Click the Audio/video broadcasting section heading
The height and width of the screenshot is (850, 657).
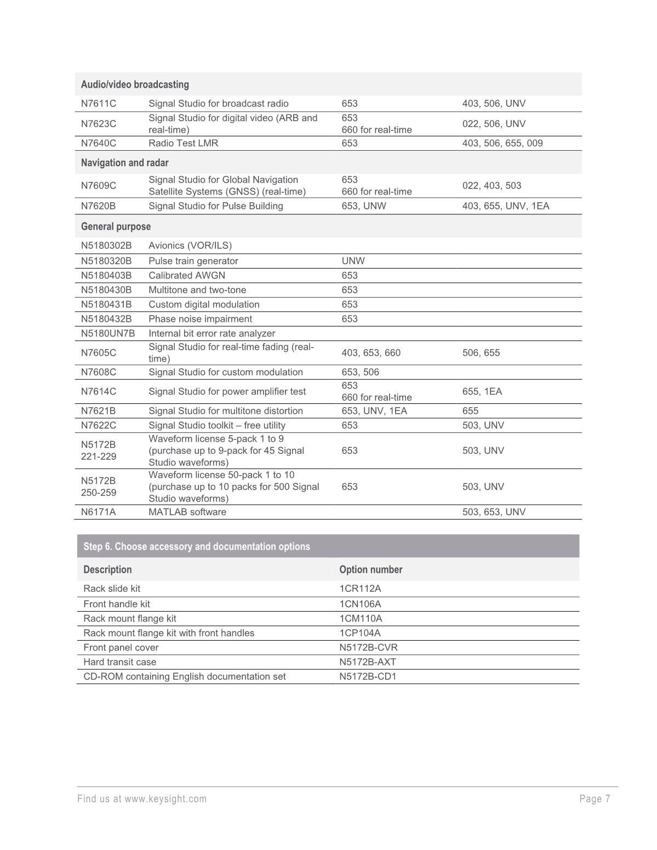click(135, 84)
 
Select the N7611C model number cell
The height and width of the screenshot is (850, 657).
click(99, 104)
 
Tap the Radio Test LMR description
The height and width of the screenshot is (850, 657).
click(183, 143)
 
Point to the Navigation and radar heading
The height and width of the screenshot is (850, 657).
click(124, 163)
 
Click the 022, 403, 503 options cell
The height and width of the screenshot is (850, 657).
click(492, 185)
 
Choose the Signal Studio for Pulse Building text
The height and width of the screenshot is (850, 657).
click(215, 206)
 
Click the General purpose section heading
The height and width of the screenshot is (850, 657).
click(116, 226)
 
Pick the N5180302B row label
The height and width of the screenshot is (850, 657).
click(106, 246)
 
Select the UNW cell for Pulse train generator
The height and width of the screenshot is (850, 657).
click(353, 261)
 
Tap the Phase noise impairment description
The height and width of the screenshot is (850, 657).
click(200, 319)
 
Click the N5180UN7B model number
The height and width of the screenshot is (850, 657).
click(107, 333)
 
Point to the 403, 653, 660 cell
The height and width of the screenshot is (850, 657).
click(370, 353)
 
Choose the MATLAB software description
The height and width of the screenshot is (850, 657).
click(187, 512)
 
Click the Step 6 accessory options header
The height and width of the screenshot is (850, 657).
click(196, 546)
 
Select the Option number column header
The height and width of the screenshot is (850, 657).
click(370, 569)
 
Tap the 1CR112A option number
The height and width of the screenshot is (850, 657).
click(360, 589)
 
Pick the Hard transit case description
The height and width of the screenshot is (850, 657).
click(119, 662)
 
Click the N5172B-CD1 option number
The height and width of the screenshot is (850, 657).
click(368, 676)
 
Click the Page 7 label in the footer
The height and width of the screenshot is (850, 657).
click(595, 798)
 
